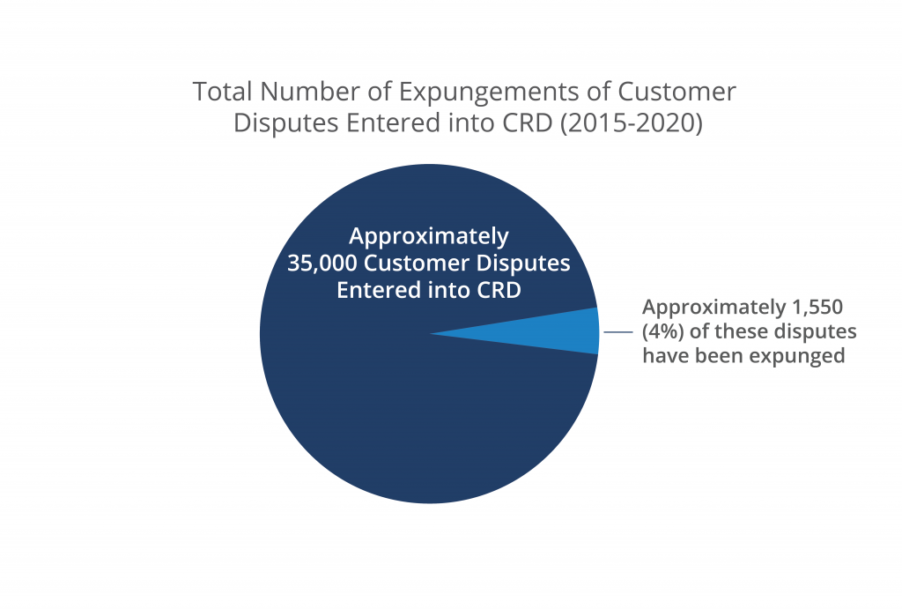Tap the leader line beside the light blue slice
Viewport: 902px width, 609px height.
(618, 332)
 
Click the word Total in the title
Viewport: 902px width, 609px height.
(222, 92)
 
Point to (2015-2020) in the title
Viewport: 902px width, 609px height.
(631, 123)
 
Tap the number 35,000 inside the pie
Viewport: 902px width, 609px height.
(322, 264)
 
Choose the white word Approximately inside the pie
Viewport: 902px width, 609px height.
(429, 236)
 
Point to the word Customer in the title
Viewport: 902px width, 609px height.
(677, 92)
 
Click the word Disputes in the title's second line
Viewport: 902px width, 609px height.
(286, 124)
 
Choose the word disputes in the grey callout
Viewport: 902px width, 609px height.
(814, 332)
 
